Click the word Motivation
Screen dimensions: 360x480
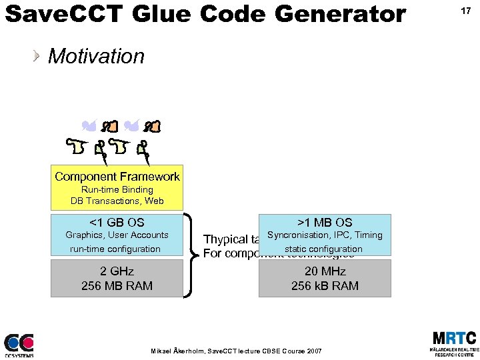pyautogui.click(x=96, y=57)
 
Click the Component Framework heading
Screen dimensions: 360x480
pyautogui.click(x=117, y=177)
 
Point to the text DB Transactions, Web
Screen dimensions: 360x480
pyautogui.click(x=117, y=201)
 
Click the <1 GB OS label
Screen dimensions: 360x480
pyautogui.click(x=117, y=223)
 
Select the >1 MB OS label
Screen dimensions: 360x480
pyautogui.click(x=325, y=223)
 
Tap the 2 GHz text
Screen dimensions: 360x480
pyautogui.click(x=117, y=271)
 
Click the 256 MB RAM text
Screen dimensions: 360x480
pyautogui.click(x=117, y=286)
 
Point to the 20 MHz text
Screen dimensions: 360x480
pyautogui.click(x=325, y=271)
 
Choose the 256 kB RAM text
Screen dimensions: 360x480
pyautogui.click(x=325, y=286)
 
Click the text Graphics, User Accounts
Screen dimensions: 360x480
pyautogui.click(x=117, y=235)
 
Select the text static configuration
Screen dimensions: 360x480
pyautogui.click(x=324, y=249)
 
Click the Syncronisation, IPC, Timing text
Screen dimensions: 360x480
pyautogui.click(x=325, y=235)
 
